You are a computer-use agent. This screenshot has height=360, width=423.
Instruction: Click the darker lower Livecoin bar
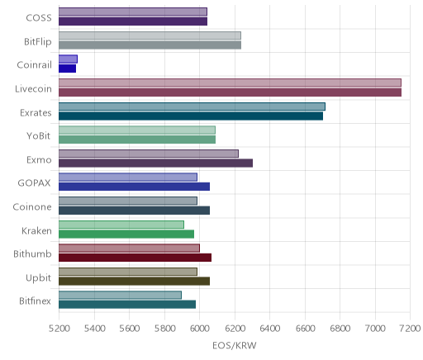[230, 92]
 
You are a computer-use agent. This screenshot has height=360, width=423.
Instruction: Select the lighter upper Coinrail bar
[68, 59]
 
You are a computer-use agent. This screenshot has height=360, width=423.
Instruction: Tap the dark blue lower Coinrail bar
[67, 69]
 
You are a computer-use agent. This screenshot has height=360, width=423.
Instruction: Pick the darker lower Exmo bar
[155, 163]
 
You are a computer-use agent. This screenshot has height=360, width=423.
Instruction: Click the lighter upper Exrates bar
[192, 107]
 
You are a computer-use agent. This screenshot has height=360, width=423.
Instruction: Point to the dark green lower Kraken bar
[126, 234]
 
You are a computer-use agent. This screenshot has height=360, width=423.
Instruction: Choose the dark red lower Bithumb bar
[135, 258]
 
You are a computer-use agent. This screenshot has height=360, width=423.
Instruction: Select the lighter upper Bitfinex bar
[120, 296]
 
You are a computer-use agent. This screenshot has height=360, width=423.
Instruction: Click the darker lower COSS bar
[133, 21]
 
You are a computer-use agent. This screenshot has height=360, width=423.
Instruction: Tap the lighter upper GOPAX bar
[128, 178]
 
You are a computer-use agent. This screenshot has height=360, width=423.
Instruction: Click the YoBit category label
[39, 136]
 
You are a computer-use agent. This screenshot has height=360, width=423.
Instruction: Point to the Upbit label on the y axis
[39, 278]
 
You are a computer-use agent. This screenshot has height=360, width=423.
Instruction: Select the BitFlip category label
[38, 41]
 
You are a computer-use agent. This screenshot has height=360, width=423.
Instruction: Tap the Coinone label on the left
[32, 206]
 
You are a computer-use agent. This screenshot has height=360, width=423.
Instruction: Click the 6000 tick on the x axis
[200, 329]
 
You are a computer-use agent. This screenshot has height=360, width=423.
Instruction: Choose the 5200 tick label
[59, 329]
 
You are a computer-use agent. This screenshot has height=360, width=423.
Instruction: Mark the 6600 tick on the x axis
[305, 329]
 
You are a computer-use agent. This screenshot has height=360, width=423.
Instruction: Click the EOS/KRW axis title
[235, 345]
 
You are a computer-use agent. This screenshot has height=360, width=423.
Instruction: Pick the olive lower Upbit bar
[134, 282]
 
